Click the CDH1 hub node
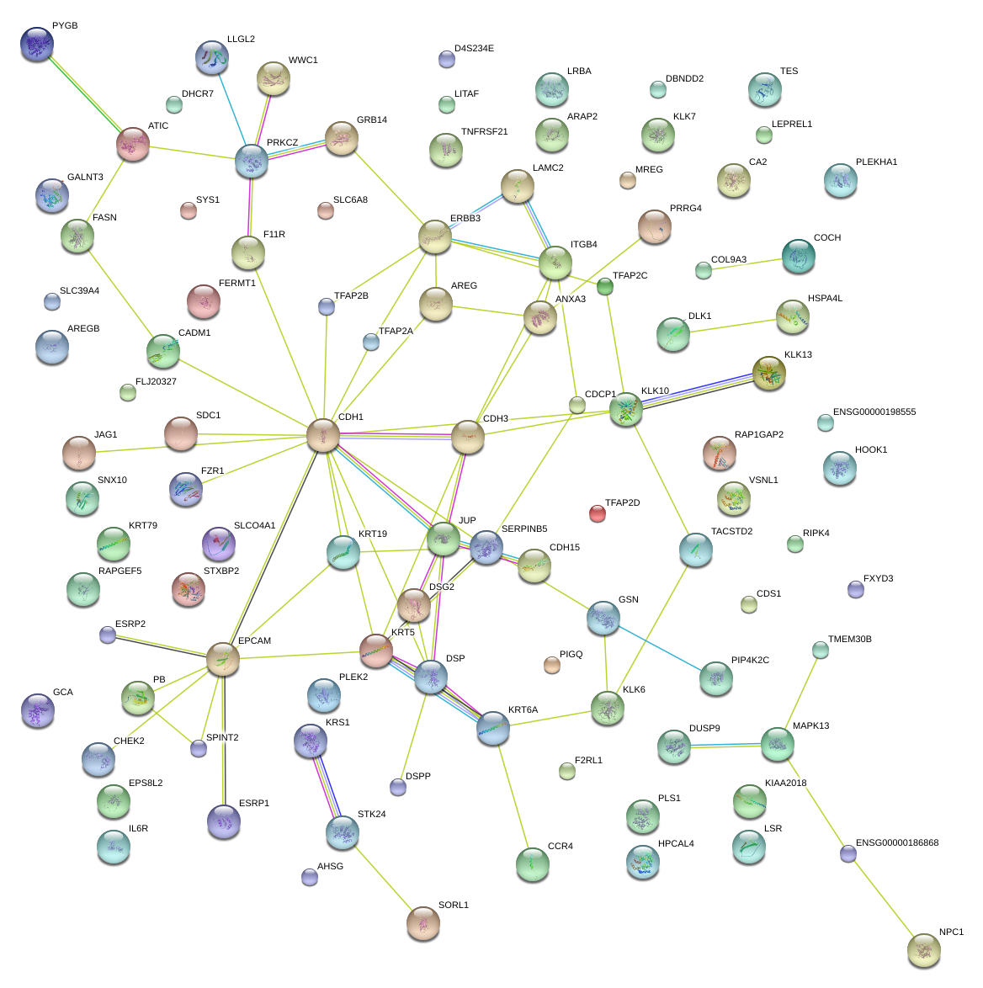point(323,435)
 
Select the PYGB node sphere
point(37,44)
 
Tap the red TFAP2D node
point(597,513)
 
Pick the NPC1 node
point(924,950)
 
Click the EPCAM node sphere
point(223,659)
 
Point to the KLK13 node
point(769,373)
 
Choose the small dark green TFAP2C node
point(605,287)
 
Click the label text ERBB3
point(465,219)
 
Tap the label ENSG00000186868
point(897,842)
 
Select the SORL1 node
point(423,922)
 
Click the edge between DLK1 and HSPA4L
point(732,326)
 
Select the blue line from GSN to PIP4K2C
point(660,648)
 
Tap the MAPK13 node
point(777,744)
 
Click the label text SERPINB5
point(524,529)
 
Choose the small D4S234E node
point(447,59)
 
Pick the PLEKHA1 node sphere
point(840,180)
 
